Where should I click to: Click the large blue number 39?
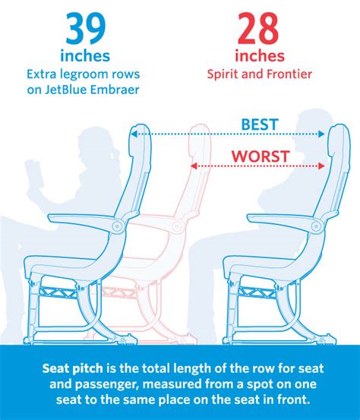click(86, 29)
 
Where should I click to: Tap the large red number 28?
click(258, 29)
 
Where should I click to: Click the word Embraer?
click(115, 90)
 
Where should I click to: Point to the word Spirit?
click(223, 74)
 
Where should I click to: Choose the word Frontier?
click(289, 74)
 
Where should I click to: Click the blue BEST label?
click(260, 125)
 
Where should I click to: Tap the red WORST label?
click(261, 156)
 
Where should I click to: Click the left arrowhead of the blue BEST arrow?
click(134, 134)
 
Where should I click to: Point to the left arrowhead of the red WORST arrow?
click(194, 166)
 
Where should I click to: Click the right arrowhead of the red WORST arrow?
click(321, 166)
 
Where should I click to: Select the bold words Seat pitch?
click(73, 368)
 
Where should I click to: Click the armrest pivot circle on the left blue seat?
click(117, 226)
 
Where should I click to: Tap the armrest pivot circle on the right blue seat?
click(316, 226)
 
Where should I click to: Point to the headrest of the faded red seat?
click(199, 139)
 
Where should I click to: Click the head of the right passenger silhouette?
click(311, 134)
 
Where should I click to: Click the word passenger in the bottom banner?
click(107, 384)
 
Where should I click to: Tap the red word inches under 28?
click(260, 56)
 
